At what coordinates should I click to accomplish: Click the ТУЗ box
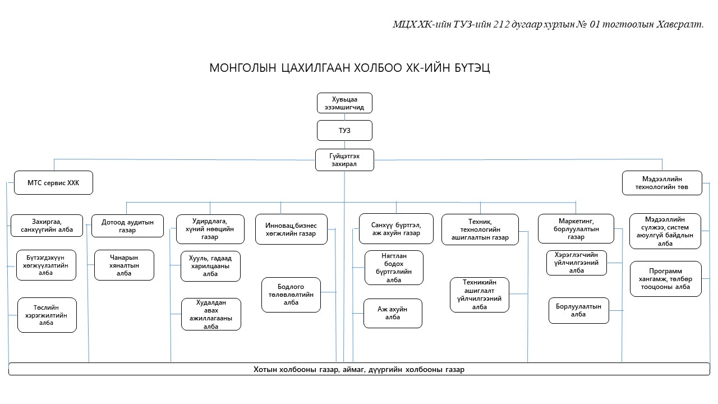pyautogui.click(x=344, y=131)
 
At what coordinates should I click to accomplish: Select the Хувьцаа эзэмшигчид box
pyautogui.click(x=344, y=103)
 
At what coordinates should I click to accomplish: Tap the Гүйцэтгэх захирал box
pyautogui.click(x=344, y=159)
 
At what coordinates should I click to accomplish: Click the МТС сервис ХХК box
pyautogui.click(x=53, y=183)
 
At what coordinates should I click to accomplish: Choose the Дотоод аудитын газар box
pyautogui.click(x=127, y=226)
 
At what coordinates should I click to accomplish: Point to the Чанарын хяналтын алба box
pyautogui.click(x=124, y=265)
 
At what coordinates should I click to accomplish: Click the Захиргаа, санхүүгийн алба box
pyautogui.click(x=47, y=226)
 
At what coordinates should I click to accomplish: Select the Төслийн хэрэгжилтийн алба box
pyautogui.click(x=47, y=315)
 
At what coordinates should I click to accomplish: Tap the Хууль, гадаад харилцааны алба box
pyautogui.click(x=210, y=265)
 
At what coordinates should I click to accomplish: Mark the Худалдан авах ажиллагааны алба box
pyautogui.click(x=211, y=314)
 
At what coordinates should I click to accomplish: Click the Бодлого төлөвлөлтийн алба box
pyautogui.click(x=291, y=295)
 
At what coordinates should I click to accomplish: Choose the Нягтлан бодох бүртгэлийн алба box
pyautogui.click(x=394, y=268)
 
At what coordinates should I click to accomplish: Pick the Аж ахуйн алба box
pyautogui.click(x=393, y=313)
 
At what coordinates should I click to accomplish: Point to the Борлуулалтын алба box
pyautogui.click(x=578, y=310)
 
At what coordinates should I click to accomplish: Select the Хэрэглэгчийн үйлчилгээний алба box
pyautogui.click(x=577, y=263)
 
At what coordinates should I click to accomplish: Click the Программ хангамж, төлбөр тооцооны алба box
pyautogui.click(x=665, y=279)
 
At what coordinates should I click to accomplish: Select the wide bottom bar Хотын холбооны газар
pyautogui.click(x=359, y=369)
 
